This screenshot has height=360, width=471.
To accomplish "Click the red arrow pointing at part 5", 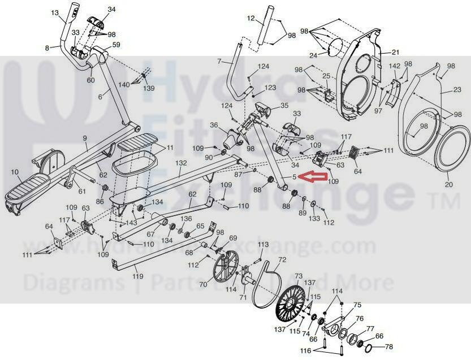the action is pyautogui.click(x=314, y=177).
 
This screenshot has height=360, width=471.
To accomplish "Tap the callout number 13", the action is pyautogui.click(x=54, y=12).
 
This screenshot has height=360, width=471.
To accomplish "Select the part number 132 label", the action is pyautogui.click(x=181, y=163).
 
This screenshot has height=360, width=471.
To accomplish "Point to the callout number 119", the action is pyautogui.click(x=137, y=276).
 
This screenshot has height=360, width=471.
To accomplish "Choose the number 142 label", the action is pyautogui.click(x=395, y=67).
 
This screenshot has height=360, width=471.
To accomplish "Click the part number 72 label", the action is pyautogui.click(x=282, y=259).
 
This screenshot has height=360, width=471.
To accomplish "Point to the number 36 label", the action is pyautogui.click(x=214, y=125).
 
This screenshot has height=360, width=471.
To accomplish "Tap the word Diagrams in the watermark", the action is pyautogui.click(x=56, y=281).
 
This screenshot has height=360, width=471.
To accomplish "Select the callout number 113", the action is pyautogui.click(x=263, y=244).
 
